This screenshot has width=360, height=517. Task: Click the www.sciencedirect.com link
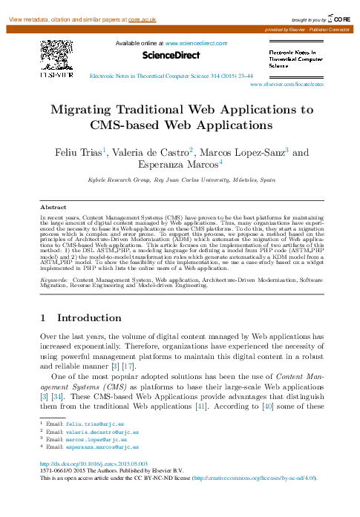point(195,45)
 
